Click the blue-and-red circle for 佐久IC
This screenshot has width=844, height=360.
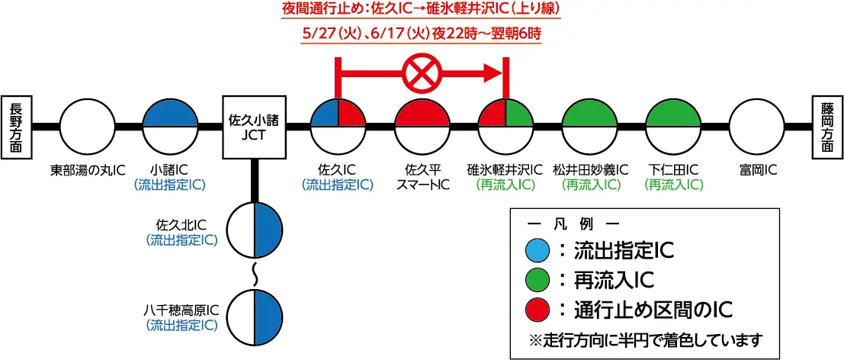tap(338, 126)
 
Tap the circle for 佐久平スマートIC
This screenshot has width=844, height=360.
tap(422, 126)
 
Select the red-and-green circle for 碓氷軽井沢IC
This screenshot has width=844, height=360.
tap(505, 126)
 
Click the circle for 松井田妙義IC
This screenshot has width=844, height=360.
tap(589, 126)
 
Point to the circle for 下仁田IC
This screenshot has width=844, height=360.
tap(673, 126)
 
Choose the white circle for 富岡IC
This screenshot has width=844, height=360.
tap(757, 126)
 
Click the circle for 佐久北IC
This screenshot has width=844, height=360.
tap(255, 230)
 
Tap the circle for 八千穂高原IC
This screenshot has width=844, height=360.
tap(255, 315)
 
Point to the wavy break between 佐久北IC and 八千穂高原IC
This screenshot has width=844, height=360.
tap(255, 272)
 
